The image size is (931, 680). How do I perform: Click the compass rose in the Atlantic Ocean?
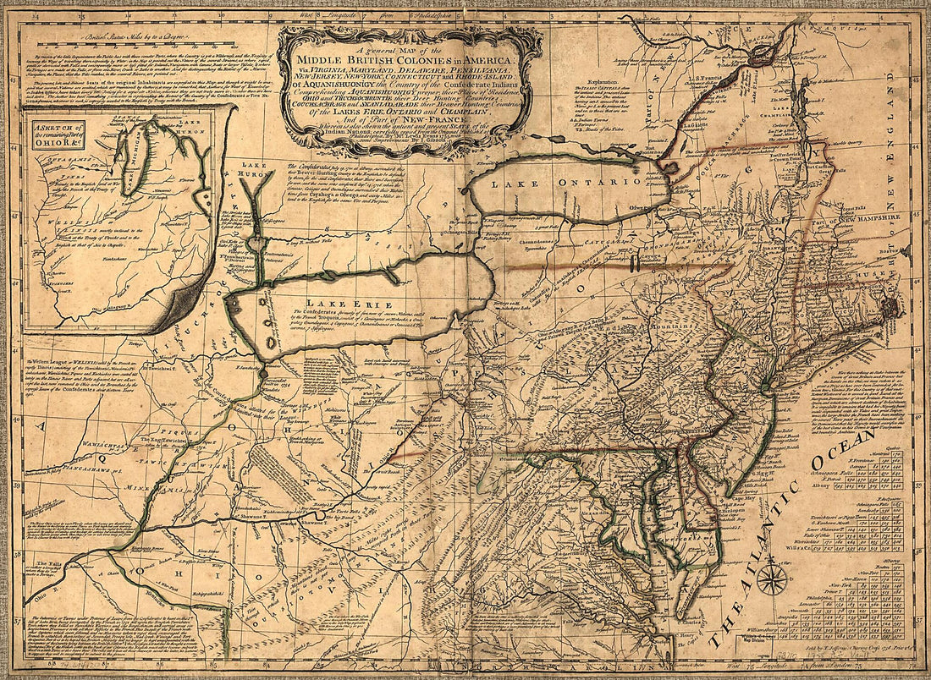771,580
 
